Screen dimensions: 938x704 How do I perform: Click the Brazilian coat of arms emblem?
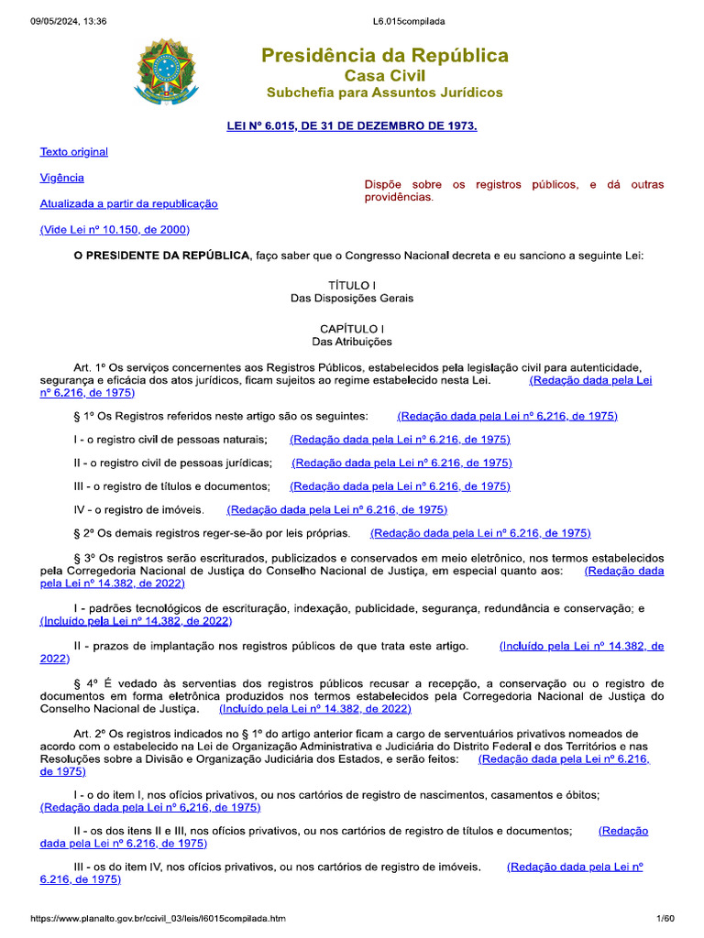(x=166, y=71)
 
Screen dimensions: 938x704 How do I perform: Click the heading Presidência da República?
(x=385, y=56)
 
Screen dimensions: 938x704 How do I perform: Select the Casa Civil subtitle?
(x=385, y=75)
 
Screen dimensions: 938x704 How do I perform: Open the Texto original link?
(x=73, y=152)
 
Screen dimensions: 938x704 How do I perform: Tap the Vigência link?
(x=61, y=178)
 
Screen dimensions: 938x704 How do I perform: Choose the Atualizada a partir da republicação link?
(x=128, y=203)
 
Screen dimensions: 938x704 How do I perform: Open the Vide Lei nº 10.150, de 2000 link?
(x=115, y=229)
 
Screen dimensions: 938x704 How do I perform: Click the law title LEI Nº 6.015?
(x=352, y=125)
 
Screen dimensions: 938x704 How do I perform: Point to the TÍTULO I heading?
(x=352, y=286)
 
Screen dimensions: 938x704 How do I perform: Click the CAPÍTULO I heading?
(x=352, y=328)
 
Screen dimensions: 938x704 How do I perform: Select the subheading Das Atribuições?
(x=352, y=342)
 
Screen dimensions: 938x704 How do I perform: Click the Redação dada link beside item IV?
(x=336, y=509)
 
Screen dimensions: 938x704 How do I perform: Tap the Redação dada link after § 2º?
(x=480, y=533)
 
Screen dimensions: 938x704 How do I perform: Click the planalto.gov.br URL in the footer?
(x=158, y=918)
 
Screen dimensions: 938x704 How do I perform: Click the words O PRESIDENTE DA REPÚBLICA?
(x=160, y=256)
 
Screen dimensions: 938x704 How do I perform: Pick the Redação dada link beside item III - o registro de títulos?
(x=400, y=486)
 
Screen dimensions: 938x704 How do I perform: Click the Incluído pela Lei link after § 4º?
(x=315, y=709)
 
